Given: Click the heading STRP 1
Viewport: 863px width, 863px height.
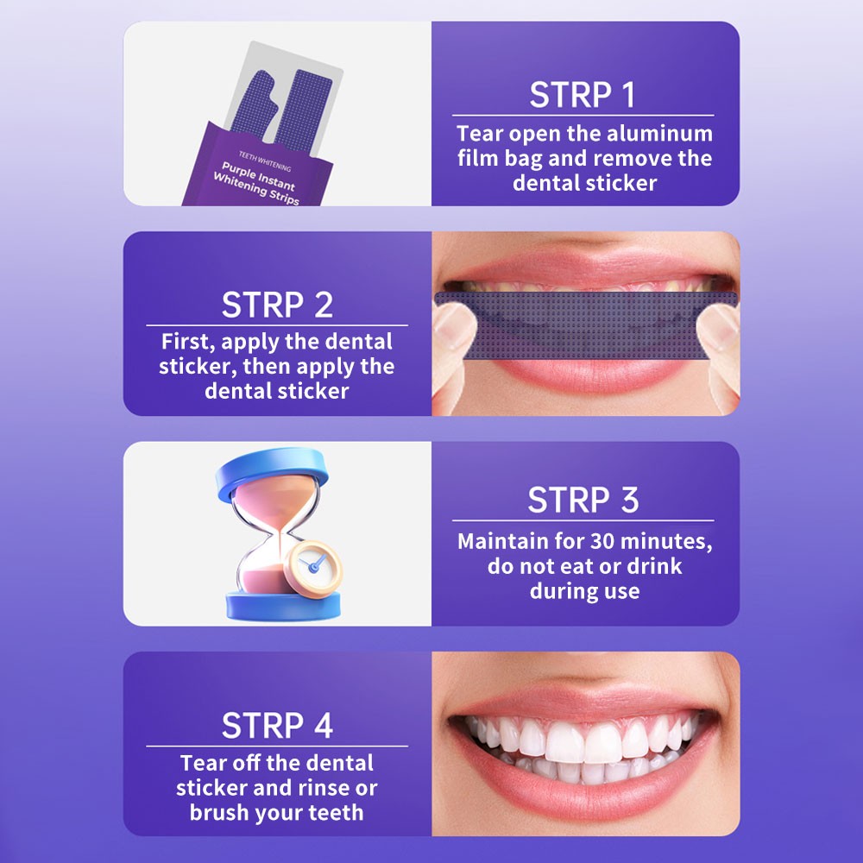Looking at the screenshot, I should point(583,95).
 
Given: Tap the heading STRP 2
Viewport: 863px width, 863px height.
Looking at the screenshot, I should point(277,305).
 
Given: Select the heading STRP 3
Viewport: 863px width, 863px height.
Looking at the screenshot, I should point(583,501).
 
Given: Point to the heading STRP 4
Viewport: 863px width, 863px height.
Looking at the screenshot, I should point(277,726).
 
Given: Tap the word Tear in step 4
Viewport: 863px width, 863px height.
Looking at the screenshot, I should point(205,764).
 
